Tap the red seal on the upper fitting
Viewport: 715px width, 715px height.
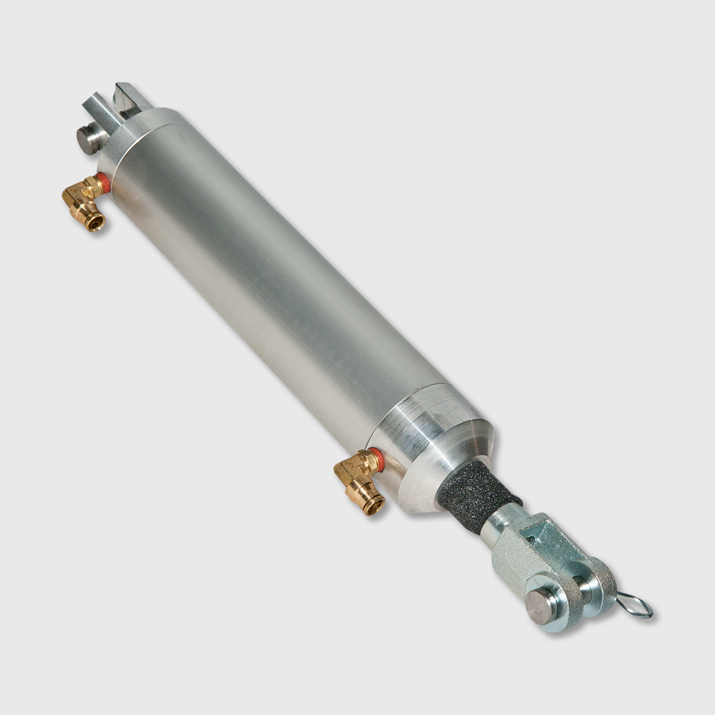coord(102,181)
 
